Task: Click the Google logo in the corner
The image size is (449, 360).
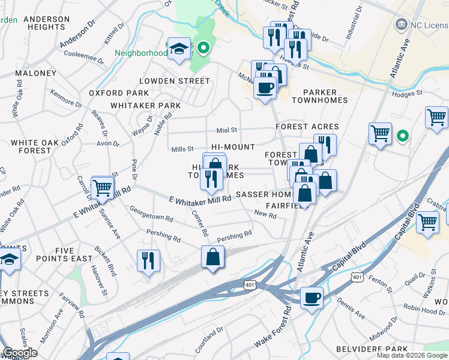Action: [20, 353]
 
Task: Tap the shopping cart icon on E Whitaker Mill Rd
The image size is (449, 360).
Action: [103, 187]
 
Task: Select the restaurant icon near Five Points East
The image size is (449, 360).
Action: [148, 260]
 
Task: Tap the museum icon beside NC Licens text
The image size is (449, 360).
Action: [399, 25]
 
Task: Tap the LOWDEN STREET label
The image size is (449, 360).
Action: [166, 80]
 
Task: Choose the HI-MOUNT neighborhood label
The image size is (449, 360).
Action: [233, 147]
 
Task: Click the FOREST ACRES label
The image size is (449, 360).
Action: [307, 127]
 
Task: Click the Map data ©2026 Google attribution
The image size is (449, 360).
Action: [412, 355]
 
